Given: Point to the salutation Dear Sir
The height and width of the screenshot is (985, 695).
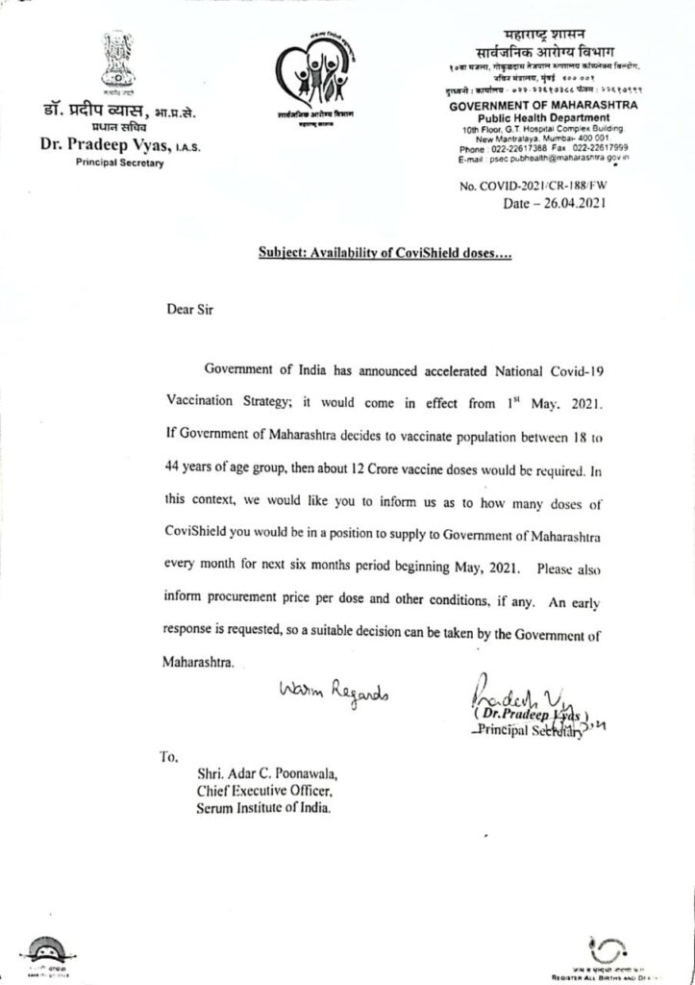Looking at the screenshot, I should pos(182,311).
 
